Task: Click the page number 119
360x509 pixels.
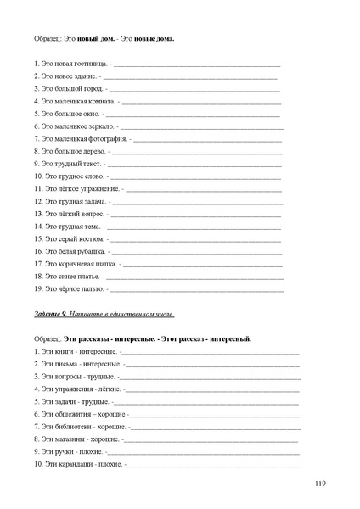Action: tap(320, 484)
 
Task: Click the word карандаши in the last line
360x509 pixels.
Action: tap(75, 464)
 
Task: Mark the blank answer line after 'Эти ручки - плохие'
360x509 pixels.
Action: tap(204, 452)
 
